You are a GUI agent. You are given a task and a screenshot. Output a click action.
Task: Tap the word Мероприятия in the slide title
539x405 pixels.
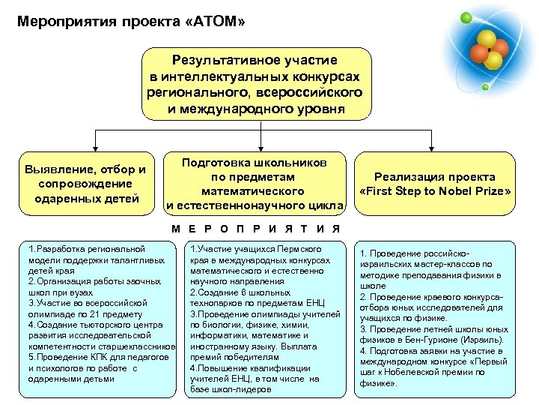pos(64,22)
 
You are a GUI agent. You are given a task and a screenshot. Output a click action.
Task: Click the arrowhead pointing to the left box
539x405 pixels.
pos(94,147)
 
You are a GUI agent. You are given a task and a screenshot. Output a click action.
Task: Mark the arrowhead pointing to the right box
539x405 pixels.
pos(432,147)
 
